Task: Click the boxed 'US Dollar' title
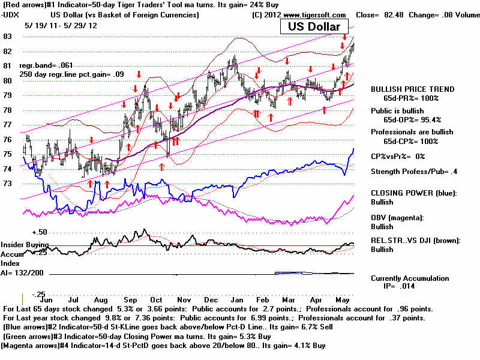click(313, 26)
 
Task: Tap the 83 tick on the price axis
click(8, 37)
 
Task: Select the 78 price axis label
click(8, 110)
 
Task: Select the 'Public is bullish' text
click(397, 111)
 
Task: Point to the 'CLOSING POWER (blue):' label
click(413, 193)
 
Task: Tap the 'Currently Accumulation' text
click(410, 278)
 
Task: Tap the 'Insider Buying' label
click(24, 245)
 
